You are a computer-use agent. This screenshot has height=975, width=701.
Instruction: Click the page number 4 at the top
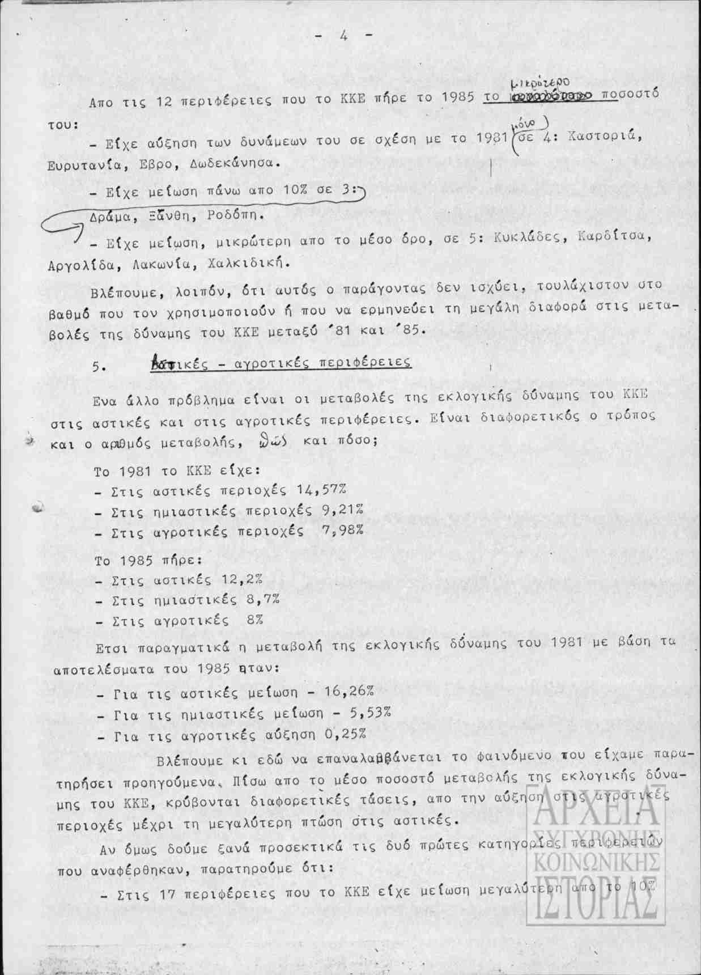pyautogui.click(x=344, y=35)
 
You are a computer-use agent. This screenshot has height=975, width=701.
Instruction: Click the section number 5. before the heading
pyautogui.click(x=99, y=366)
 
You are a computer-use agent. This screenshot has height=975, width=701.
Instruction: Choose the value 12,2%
pyautogui.click(x=243, y=579)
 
